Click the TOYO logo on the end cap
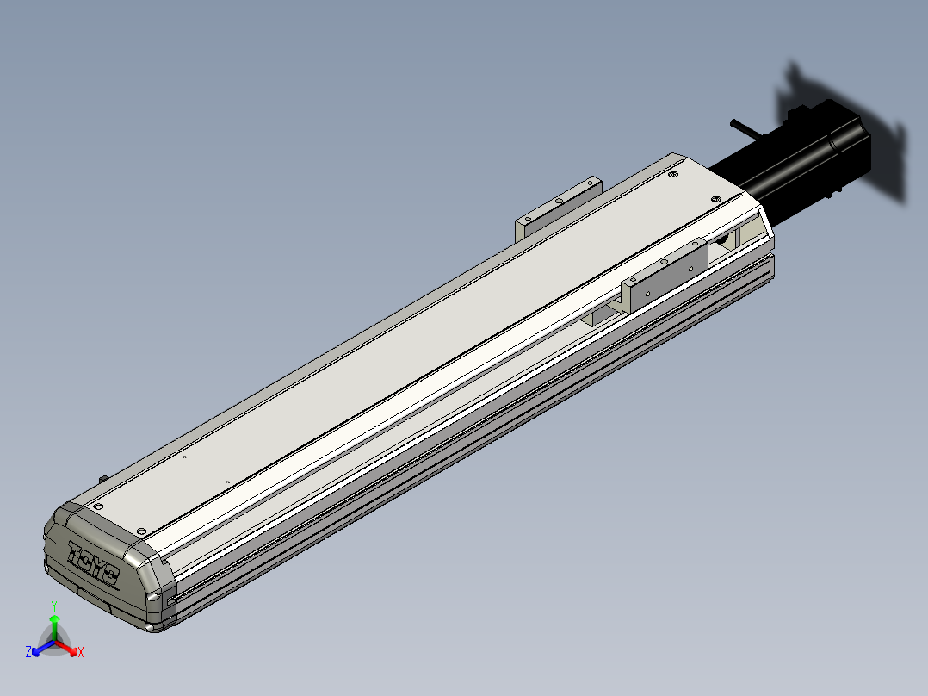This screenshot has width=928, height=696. coord(94,563)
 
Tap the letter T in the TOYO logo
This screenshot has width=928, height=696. coord(77,553)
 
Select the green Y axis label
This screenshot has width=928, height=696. coord(54,606)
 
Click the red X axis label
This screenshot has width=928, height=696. coord(81,652)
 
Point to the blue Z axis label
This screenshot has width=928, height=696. coord(28,651)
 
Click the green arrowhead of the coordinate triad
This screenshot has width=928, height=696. coord(54,619)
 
